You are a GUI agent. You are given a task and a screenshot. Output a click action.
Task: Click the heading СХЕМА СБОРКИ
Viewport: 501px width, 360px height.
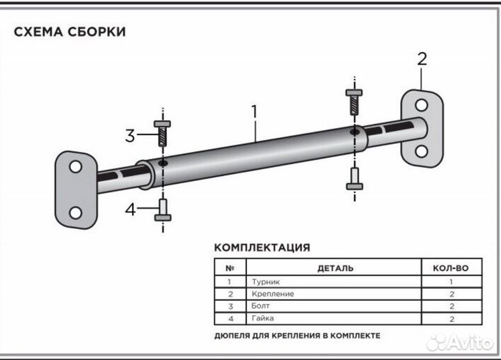pyautogui.click(x=70, y=32)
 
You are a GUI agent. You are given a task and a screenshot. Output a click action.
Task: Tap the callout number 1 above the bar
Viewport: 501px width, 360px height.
pyautogui.click(x=255, y=111)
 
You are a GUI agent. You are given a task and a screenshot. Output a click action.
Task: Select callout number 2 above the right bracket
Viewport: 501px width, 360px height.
pyautogui.click(x=422, y=59)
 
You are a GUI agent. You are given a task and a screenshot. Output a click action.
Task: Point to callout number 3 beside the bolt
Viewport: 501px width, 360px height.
pyautogui.click(x=130, y=136)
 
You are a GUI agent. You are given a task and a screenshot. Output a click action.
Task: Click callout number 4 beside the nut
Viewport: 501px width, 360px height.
pyautogui.click(x=130, y=210)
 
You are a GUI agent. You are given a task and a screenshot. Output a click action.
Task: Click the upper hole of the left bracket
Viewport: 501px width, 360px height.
pyautogui.click(x=75, y=167)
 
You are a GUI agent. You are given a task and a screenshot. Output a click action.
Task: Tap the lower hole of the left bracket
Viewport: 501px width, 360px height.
pyautogui.click(x=75, y=213)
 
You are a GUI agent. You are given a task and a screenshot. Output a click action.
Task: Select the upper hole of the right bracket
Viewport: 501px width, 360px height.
pyautogui.click(x=422, y=105)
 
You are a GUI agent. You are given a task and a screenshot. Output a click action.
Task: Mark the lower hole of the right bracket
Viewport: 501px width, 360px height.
pyautogui.click(x=422, y=151)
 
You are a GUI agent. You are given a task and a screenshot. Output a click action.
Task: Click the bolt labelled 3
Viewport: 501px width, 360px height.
pyautogui.click(x=162, y=133)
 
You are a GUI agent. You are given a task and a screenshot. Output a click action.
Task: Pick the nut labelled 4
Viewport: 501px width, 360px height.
pyautogui.click(x=163, y=210)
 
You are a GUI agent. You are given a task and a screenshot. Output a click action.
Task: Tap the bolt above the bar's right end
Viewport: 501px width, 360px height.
pyautogui.click(x=354, y=102)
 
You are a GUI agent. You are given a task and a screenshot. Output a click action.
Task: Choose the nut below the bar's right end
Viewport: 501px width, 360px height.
pyautogui.click(x=355, y=179)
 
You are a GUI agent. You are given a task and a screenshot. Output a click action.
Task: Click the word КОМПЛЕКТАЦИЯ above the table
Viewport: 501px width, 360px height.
pyautogui.click(x=262, y=248)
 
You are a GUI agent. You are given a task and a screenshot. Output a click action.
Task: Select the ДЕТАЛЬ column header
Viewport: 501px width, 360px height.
pyautogui.click(x=335, y=268)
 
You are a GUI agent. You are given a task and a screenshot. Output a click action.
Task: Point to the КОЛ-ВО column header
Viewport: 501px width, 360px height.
pyautogui.click(x=451, y=268)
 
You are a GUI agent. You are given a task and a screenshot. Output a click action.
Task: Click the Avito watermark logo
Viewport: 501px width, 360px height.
pyautogui.click(x=460, y=343)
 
